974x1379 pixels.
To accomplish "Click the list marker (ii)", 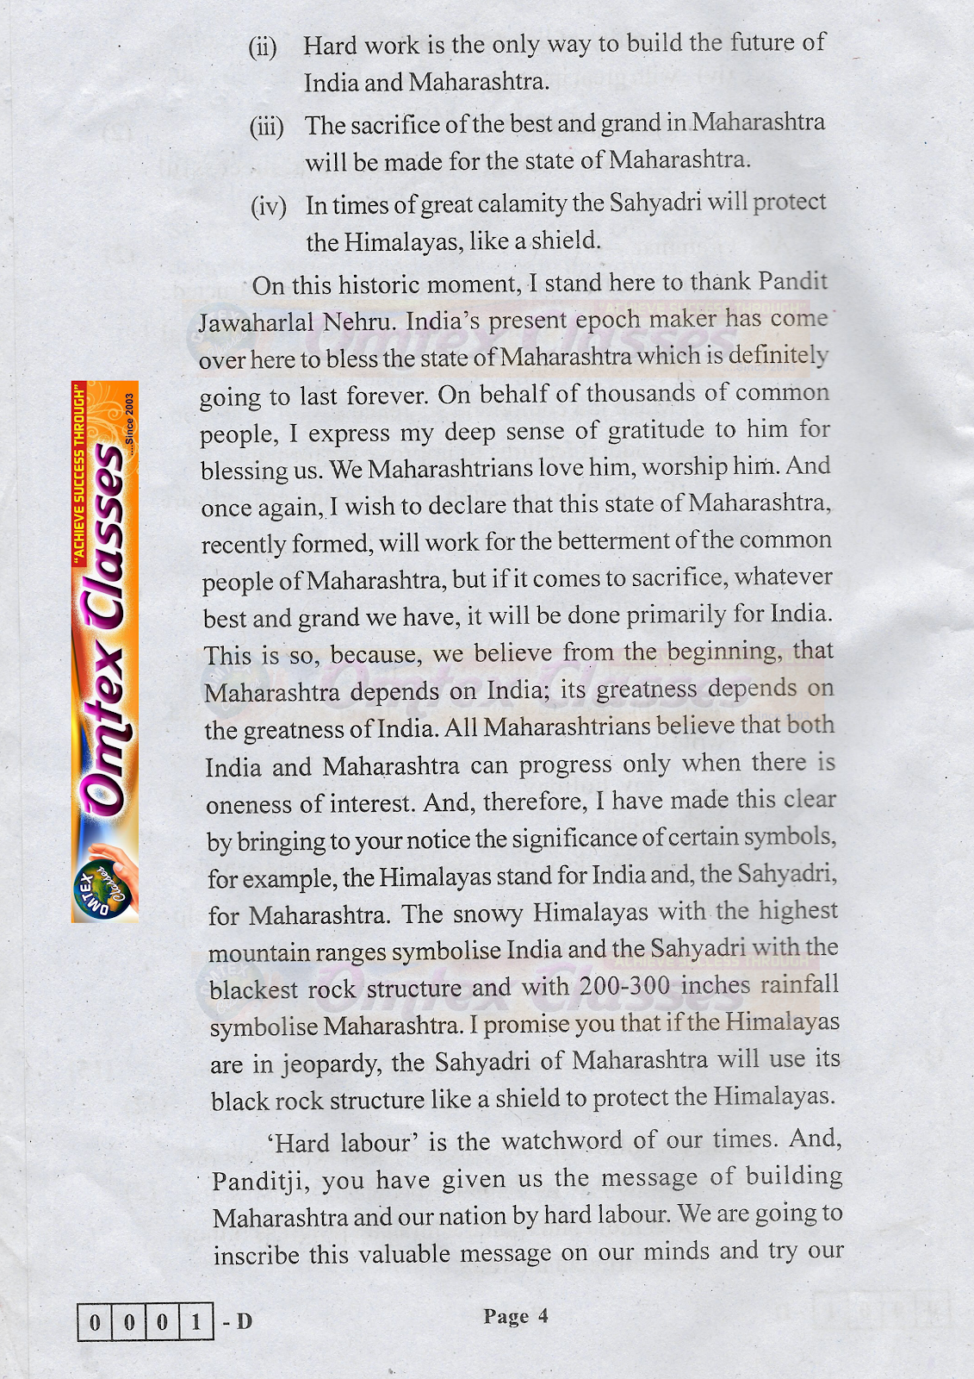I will click(263, 47).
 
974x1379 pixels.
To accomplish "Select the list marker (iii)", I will click(266, 128).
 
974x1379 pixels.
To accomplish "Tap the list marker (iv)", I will click(268, 207).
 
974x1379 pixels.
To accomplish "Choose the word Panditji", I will click(258, 1181).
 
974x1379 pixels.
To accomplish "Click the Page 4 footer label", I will click(515, 1316).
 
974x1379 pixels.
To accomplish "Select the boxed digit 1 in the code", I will click(195, 1321).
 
